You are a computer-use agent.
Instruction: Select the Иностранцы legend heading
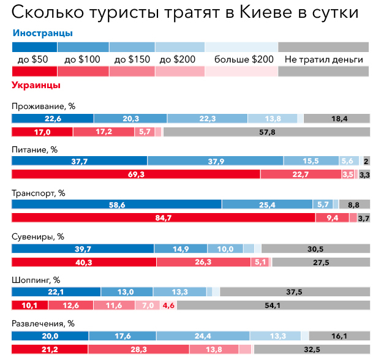tap(42, 32)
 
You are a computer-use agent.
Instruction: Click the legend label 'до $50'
tap(33, 59)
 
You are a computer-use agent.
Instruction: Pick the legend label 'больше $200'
tap(244, 59)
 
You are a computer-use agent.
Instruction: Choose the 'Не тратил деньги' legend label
tap(323, 59)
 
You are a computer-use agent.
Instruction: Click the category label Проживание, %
tap(43, 105)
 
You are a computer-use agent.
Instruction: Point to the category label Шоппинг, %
tap(36, 280)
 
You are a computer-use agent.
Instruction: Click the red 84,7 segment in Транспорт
tap(163, 217)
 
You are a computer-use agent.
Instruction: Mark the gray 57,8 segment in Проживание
tap(267, 132)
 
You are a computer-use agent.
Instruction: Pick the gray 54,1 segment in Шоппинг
tap(269, 305)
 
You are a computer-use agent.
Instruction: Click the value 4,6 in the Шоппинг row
tap(168, 305)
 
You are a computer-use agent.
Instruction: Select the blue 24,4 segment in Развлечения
tap(203, 336)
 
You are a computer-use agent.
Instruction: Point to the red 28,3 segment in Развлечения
tap(138, 349)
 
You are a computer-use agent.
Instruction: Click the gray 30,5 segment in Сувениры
tap(316, 249)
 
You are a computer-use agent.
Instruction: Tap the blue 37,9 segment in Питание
tap(215, 161)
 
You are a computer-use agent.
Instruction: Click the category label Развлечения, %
tap(43, 323)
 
